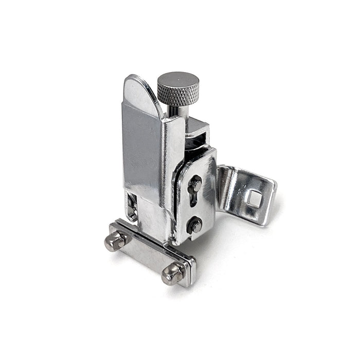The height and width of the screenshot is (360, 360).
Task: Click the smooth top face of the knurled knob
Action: (178, 80)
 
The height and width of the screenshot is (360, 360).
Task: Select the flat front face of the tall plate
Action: (141, 149)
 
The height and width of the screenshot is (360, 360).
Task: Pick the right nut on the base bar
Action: (172, 274)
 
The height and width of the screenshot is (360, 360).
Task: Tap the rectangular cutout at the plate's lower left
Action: (132, 206)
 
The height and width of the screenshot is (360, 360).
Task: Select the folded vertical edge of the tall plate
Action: (170, 165)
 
